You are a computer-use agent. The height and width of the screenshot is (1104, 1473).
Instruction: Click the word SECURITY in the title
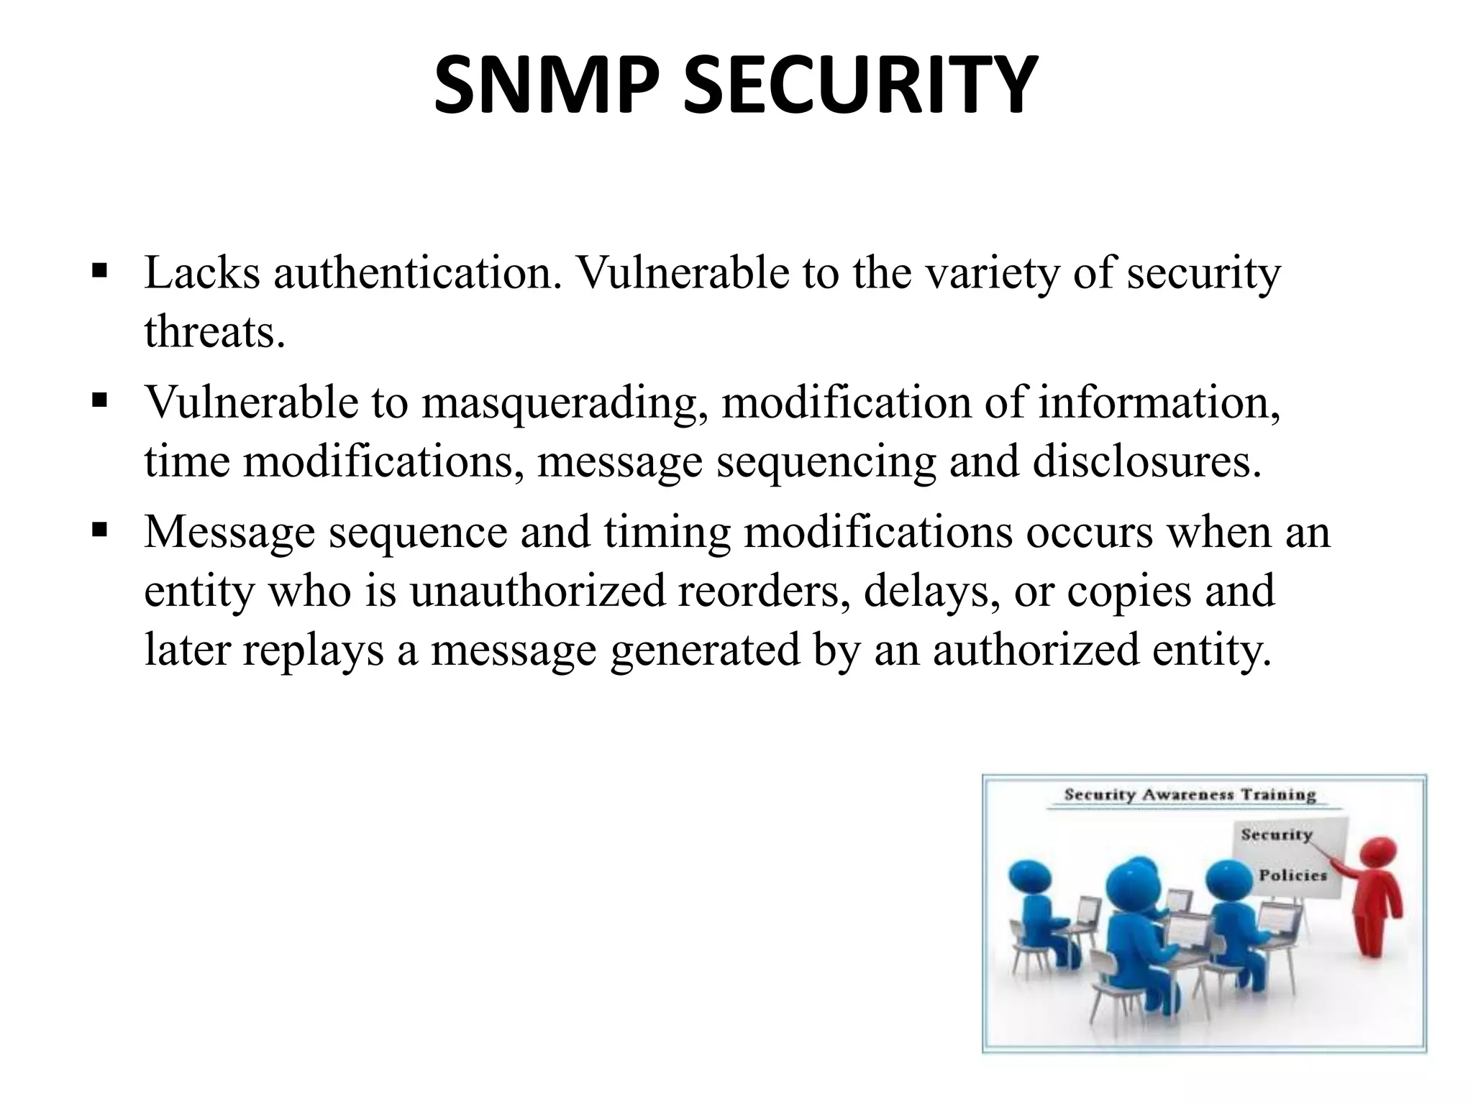click(859, 85)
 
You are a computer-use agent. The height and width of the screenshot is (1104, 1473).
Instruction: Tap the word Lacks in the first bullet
click(201, 273)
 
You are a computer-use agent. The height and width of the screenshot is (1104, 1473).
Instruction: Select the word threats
click(214, 332)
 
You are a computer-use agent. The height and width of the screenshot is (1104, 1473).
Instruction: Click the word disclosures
click(1146, 461)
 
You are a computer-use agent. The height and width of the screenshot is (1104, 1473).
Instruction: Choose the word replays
click(313, 650)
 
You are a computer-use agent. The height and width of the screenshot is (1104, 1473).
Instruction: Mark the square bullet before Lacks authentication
click(99, 271)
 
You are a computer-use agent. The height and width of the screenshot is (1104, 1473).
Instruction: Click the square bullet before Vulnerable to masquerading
click(99, 400)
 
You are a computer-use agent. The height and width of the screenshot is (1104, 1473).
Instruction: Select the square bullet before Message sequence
click(99, 530)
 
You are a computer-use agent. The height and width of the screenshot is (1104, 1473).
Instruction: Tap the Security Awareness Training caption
click(1190, 795)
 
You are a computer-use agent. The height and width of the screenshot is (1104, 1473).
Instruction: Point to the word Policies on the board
click(1292, 875)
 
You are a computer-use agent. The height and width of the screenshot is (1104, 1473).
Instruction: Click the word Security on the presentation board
click(1276, 834)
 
